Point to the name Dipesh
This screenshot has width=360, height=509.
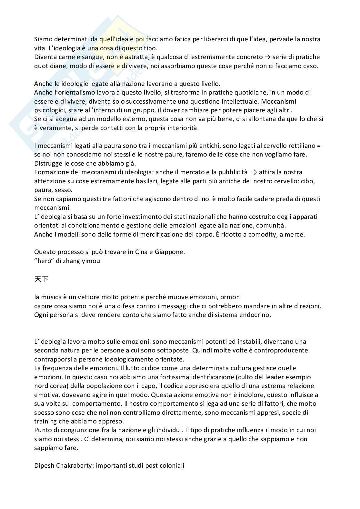44,466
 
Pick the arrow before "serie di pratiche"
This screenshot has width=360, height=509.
267,57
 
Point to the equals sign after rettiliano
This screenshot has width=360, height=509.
319,146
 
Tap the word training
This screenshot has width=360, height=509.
45,421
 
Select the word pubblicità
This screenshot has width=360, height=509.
230,172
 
